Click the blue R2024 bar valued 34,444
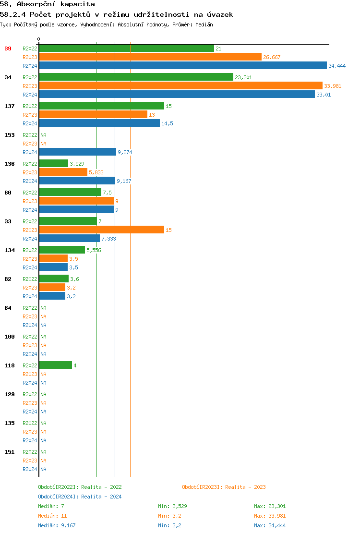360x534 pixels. tap(182, 66)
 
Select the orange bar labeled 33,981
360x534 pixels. tap(180, 86)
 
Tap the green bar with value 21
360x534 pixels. tap(126, 49)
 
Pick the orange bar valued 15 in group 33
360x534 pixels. tap(101, 230)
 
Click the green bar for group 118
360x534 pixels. tap(55, 365)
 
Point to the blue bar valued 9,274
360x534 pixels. tap(77, 152)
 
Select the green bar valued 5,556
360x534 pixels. tap(62, 250)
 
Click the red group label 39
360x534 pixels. tap(8, 49)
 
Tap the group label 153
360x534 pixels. tap(10, 135)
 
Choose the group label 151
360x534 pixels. tap(10, 452)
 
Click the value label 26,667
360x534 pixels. tap(272, 57)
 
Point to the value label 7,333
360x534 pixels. tap(108, 239)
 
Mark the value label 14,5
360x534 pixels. tap(167, 123)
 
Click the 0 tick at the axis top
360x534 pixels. tap(39, 39)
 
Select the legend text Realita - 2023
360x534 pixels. tap(245, 487)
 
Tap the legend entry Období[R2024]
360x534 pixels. tap(59, 497)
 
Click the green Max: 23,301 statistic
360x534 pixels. tap(270, 506)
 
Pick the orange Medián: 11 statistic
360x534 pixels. tap(51, 516)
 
